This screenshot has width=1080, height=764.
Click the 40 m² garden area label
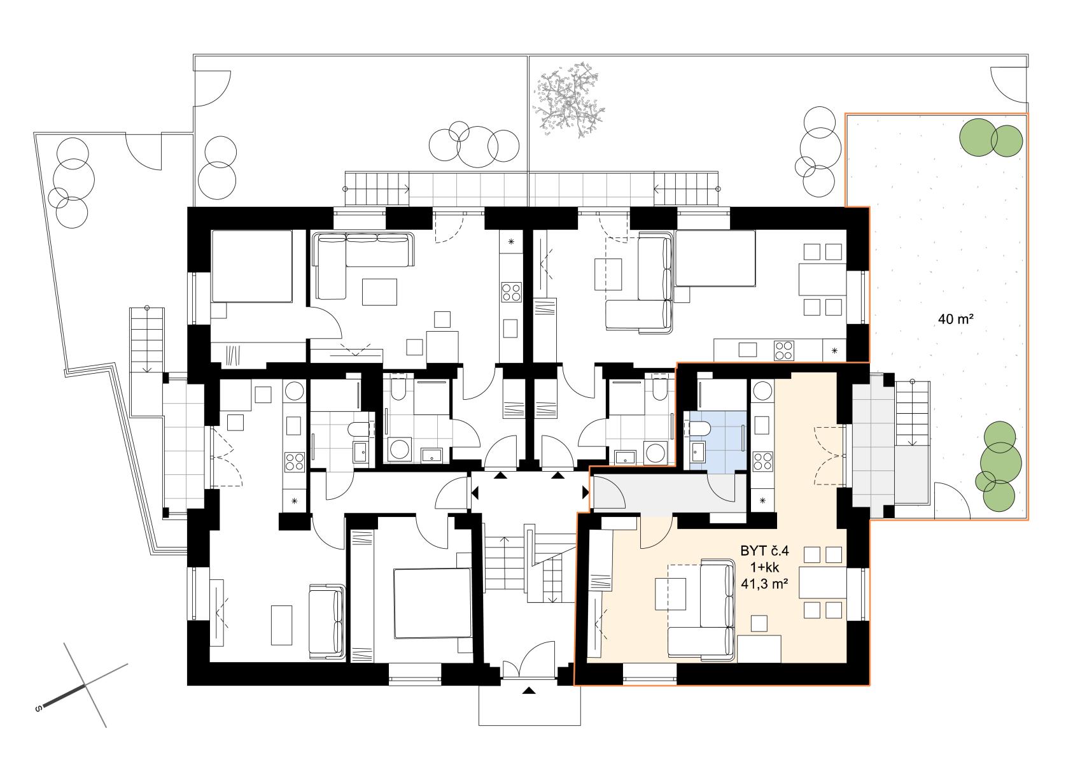point(956,319)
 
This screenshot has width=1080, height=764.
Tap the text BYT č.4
point(764,551)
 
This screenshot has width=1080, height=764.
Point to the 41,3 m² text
point(764,584)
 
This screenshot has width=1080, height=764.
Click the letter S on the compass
point(38,709)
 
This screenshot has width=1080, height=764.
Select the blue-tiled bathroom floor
point(718,441)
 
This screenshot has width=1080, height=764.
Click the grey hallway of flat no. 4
point(670,492)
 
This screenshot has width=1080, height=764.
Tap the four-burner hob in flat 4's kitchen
point(763,461)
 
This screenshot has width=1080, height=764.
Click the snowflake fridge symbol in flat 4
point(762,500)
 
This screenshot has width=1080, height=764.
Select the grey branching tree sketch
point(568,101)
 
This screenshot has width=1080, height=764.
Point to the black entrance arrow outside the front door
point(529,691)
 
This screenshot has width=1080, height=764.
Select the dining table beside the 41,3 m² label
point(822,584)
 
